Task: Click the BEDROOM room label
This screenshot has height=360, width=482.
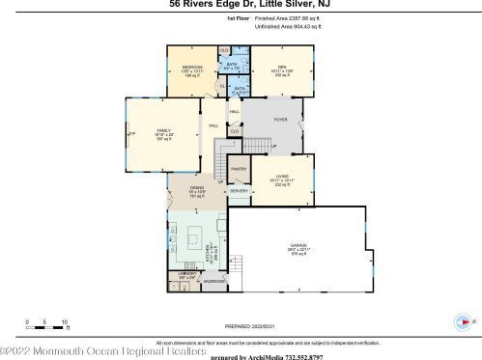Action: tap(191, 67)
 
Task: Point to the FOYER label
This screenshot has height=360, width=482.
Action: tap(280, 120)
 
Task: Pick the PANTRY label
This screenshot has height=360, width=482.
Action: tap(239, 169)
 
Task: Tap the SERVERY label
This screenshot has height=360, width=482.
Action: tap(239, 192)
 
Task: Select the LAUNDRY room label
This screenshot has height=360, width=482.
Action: tap(186, 274)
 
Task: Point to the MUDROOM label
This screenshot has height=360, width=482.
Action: tap(213, 281)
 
